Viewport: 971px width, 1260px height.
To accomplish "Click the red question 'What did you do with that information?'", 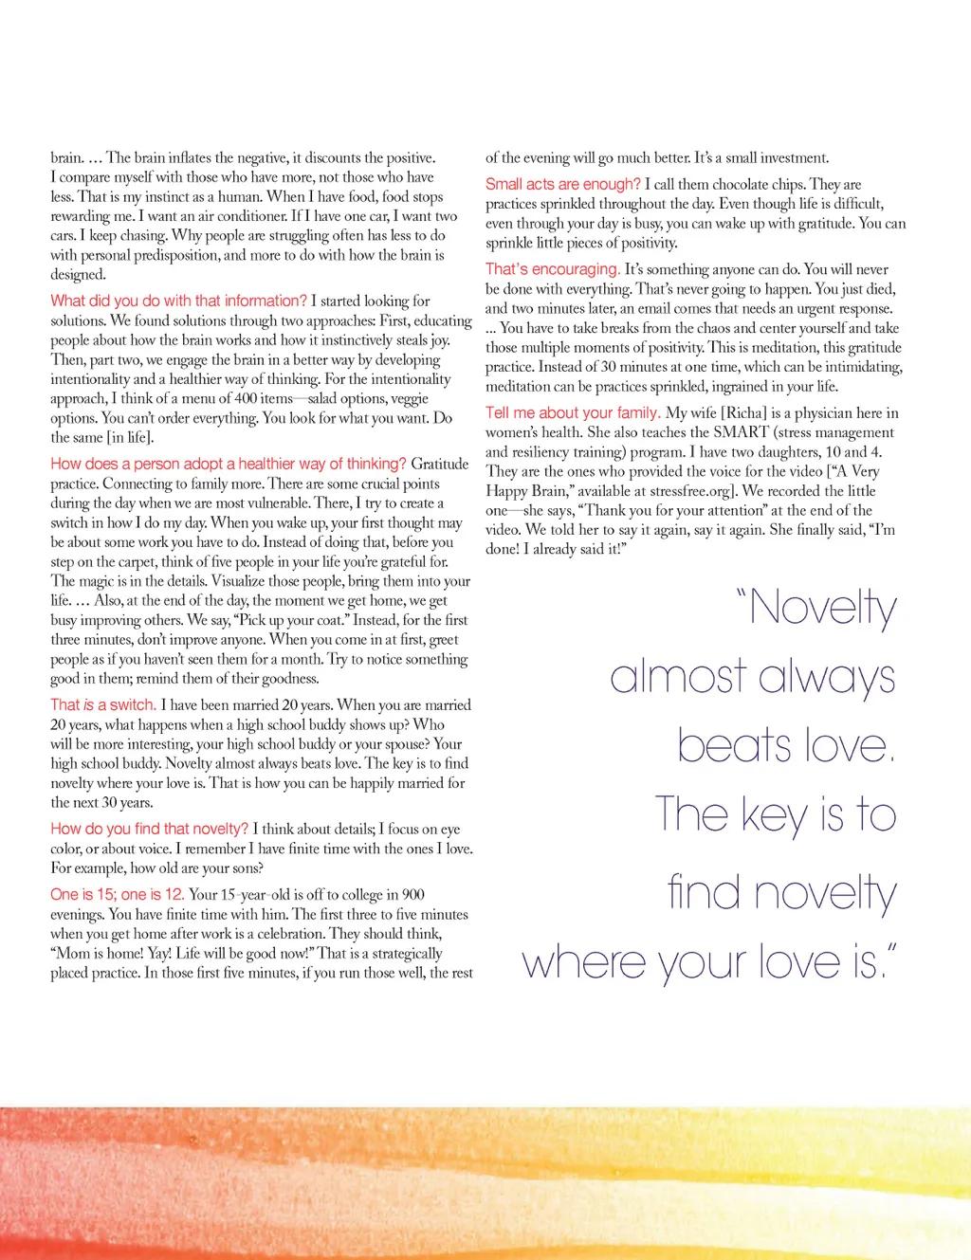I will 178,301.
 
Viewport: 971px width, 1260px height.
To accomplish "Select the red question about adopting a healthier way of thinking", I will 228,464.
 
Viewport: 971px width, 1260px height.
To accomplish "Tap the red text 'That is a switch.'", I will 102,704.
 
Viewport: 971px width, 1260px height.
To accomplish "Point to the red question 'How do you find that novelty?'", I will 149,829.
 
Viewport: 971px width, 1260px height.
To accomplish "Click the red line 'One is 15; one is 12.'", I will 117,894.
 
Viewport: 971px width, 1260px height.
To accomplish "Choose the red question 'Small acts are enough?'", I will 562,184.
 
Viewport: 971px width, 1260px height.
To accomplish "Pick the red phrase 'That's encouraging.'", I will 553,269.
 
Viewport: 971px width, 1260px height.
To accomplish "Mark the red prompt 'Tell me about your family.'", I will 573,412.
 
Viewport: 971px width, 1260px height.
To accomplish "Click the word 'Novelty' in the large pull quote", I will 821,608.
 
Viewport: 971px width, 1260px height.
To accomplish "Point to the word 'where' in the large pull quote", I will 582,962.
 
